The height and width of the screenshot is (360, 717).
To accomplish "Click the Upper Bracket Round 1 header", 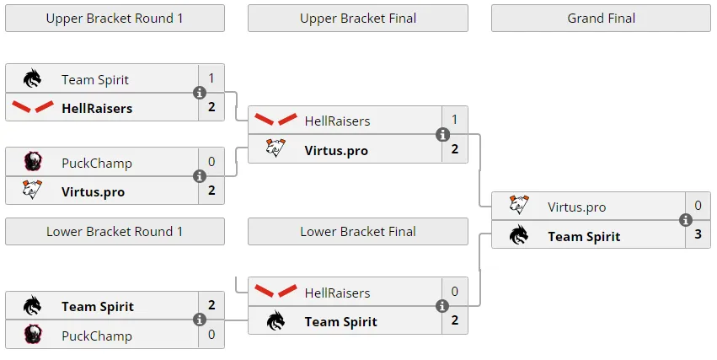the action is (115, 19).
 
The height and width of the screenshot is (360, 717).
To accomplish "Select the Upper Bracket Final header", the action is (358, 19).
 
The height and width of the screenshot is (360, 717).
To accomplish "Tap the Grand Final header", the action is (601, 19).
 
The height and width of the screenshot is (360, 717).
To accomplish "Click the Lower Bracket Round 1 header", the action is (115, 232).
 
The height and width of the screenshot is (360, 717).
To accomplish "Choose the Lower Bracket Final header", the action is (358, 232).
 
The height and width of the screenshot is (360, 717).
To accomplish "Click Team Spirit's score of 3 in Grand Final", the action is (698, 234).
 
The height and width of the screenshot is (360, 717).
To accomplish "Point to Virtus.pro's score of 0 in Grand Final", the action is (698, 206).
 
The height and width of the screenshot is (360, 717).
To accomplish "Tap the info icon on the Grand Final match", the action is (686, 220).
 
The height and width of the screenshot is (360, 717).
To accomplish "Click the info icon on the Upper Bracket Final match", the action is (442, 135).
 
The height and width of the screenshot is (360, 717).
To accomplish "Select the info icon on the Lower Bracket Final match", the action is (442, 305).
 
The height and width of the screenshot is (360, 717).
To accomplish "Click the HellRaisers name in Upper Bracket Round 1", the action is (97, 109).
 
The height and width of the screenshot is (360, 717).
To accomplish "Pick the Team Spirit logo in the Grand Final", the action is (519, 234).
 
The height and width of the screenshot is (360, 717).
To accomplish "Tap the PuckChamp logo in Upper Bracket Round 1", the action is (33, 162).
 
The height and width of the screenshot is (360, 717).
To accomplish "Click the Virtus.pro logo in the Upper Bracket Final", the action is (276, 148).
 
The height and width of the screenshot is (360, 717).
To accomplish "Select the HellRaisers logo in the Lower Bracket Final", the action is (276, 291).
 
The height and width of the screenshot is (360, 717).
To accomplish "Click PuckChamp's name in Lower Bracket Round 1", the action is (97, 336).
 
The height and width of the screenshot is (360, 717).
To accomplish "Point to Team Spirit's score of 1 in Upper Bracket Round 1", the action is (211, 78).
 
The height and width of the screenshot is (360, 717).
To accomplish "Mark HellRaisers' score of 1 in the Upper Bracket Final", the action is (454, 120).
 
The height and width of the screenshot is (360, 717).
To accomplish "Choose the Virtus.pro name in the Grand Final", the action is (576, 207).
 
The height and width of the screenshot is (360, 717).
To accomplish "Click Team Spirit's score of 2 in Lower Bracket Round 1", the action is (211, 305).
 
